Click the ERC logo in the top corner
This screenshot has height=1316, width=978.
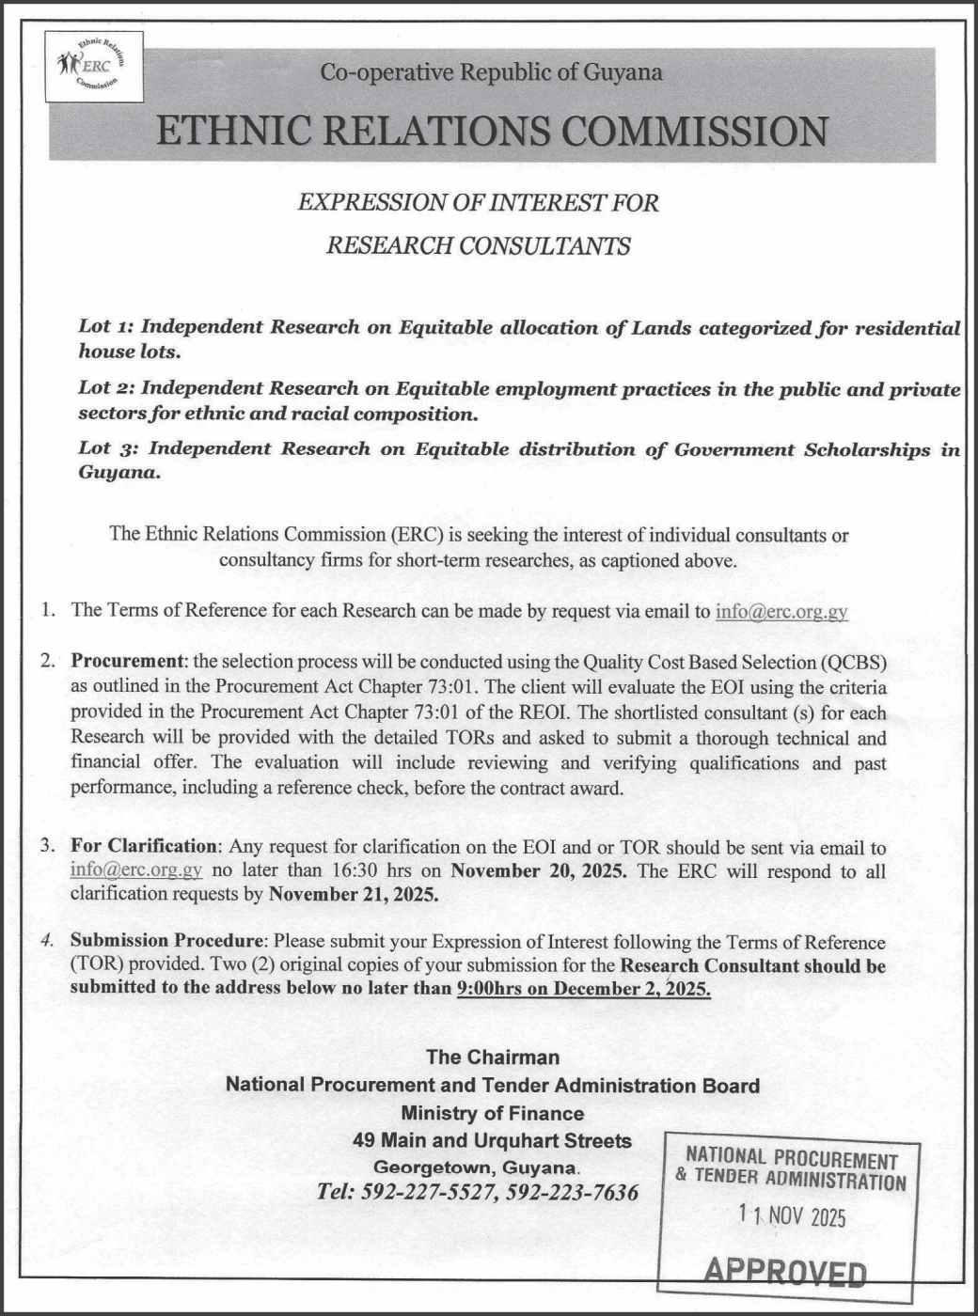94,67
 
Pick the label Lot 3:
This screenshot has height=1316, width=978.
108,449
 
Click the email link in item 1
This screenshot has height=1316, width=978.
781,611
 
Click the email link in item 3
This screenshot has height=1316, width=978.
136,870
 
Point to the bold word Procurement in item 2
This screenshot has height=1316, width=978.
127,662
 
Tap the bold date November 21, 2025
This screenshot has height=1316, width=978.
354,894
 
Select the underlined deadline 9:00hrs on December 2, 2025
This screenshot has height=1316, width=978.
583,989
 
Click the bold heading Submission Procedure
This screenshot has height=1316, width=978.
168,942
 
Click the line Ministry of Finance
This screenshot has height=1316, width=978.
492,1114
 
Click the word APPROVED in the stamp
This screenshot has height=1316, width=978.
785,1273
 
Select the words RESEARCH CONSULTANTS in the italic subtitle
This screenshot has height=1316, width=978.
478,246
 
